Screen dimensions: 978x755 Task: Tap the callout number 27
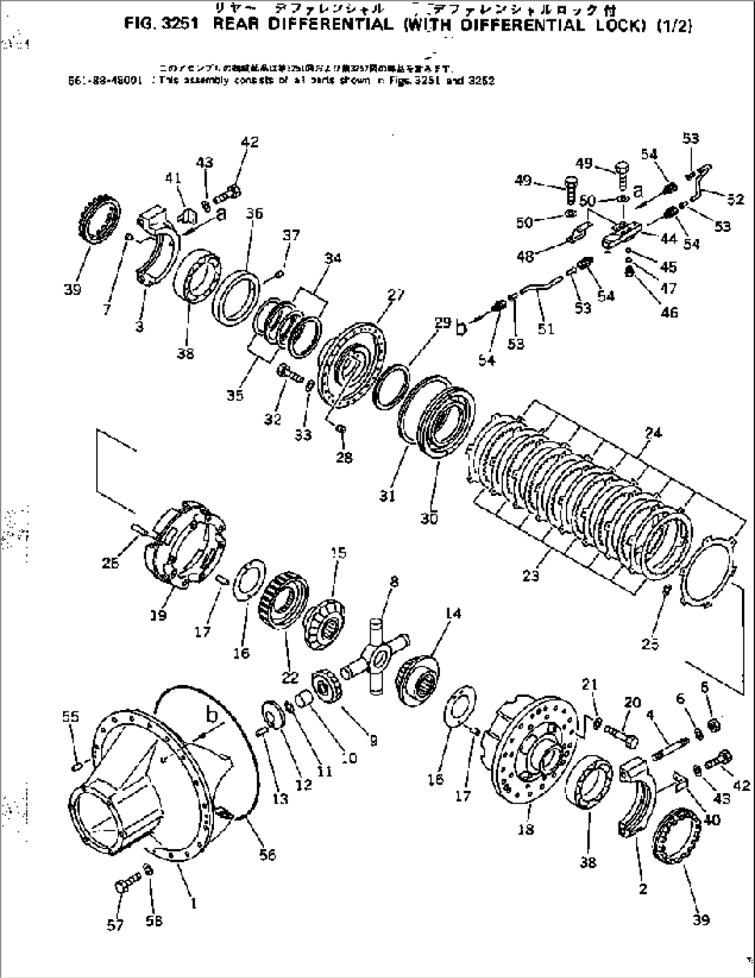pos(396,295)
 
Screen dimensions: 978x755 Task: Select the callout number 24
pos(652,434)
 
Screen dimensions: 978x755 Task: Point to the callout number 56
pos(267,855)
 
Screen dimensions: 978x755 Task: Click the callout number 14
pos(453,613)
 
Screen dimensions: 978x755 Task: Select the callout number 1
pos(195,903)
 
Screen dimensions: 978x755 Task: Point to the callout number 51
pos(546,329)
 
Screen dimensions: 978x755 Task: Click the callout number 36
pos(254,213)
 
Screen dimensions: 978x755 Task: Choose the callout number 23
pos(531,576)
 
